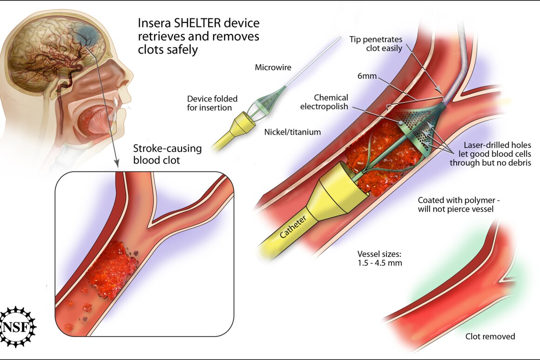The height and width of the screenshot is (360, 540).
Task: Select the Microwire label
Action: [x=273, y=68]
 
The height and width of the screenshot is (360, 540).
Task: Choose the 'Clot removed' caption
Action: [x=490, y=336]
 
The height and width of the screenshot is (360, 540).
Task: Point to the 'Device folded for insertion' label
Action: [x=212, y=103]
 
